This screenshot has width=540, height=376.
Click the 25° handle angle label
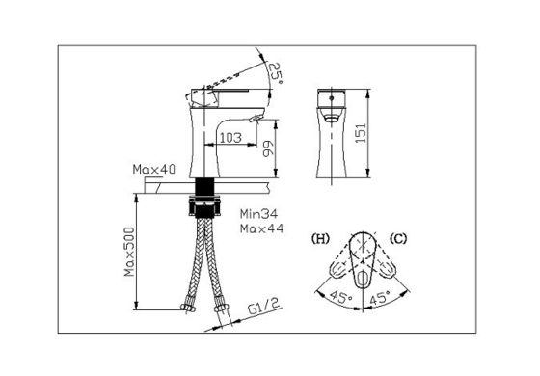[276, 73]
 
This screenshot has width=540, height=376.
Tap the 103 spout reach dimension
[230, 138]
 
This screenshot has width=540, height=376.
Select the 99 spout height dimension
[268, 148]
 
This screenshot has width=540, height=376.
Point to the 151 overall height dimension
[361, 133]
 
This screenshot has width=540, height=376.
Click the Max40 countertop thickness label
[154, 169]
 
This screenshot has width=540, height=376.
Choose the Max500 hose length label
[129, 252]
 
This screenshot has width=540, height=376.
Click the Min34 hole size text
[258, 214]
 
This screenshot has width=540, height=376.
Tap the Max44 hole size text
[261, 228]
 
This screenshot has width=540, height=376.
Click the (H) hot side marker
[320, 238]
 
